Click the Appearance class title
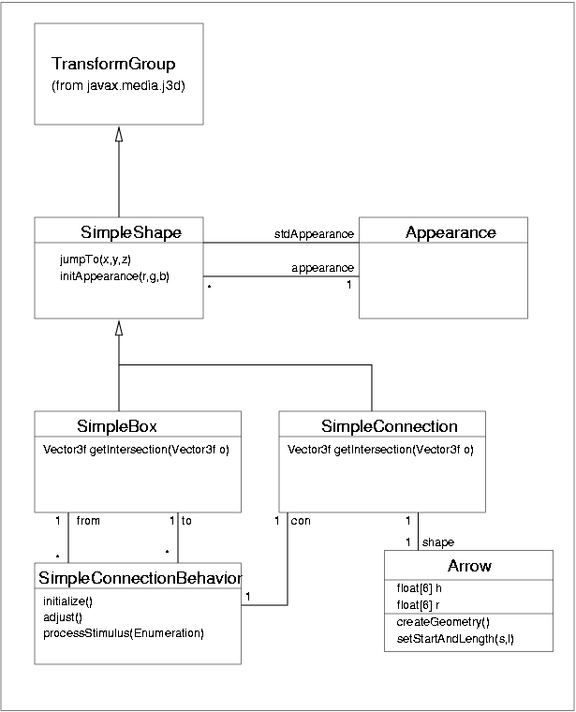tap(450, 231)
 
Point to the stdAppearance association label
tap(314, 233)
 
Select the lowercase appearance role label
tap(322, 267)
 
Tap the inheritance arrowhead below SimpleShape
tap(119, 328)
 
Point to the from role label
tap(88, 519)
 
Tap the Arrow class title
tap(469, 566)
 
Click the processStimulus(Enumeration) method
tap(124, 632)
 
